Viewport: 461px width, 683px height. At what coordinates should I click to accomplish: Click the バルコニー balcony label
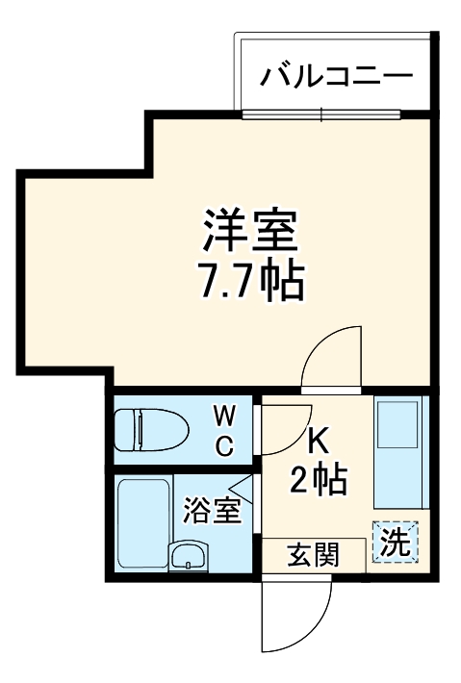tap(336, 74)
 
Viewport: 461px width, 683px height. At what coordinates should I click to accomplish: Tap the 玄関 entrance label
tap(312, 554)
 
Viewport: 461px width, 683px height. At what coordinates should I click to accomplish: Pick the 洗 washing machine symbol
tap(397, 542)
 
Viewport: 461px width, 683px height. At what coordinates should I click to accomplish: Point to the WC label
tap(223, 430)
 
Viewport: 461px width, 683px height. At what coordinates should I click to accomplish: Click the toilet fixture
tap(154, 429)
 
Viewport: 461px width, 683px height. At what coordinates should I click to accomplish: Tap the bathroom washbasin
tap(189, 555)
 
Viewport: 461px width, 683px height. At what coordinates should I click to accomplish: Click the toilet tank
tap(122, 429)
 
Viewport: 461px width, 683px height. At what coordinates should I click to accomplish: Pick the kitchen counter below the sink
tap(397, 481)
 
